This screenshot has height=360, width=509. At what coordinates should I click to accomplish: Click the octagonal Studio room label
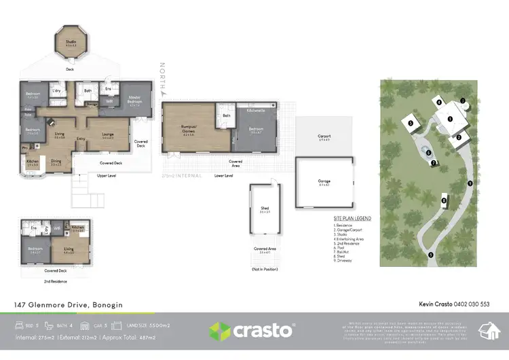71,42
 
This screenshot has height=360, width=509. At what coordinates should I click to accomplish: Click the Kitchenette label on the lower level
255,109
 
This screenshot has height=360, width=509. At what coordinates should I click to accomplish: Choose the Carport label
324,136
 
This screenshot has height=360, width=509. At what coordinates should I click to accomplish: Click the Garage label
324,181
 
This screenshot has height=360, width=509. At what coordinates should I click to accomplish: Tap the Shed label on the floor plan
265,210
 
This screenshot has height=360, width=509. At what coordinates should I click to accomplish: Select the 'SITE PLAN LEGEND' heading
352,219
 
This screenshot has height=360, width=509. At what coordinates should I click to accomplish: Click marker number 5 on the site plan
411,123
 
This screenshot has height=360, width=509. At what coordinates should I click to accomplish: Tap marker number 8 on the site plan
444,200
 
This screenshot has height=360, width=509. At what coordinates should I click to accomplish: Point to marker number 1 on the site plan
449,118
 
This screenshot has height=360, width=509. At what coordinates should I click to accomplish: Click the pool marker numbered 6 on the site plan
428,152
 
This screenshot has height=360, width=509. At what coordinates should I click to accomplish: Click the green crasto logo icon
220,331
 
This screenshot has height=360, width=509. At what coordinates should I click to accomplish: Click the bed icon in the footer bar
21,326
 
